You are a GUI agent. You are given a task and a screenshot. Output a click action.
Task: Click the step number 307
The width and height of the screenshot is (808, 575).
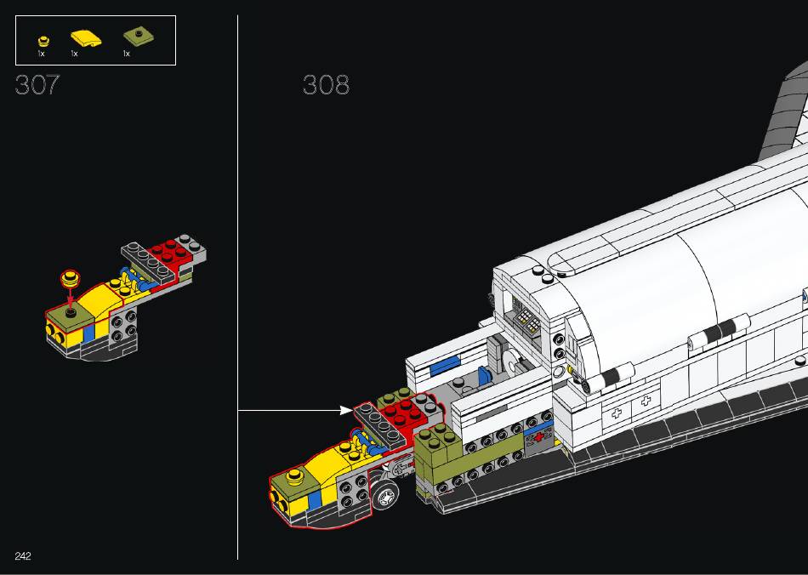coord(37,84)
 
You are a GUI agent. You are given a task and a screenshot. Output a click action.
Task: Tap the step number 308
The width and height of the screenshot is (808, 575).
coord(326,84)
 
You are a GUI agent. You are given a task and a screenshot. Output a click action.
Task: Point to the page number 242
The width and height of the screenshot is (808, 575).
coord(23,555)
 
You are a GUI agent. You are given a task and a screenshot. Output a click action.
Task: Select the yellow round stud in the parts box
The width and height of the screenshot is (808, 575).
coord(43,41)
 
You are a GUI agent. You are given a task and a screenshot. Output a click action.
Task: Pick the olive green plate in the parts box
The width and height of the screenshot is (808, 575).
coord(139,37)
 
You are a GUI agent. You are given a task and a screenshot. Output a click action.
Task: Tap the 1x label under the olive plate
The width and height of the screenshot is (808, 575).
coord(126,54)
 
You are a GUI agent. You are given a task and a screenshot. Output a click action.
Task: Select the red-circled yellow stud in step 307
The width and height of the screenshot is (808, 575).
coord(71,278)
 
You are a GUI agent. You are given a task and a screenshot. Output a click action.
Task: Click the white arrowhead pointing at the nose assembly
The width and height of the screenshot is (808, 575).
coord(346,410)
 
